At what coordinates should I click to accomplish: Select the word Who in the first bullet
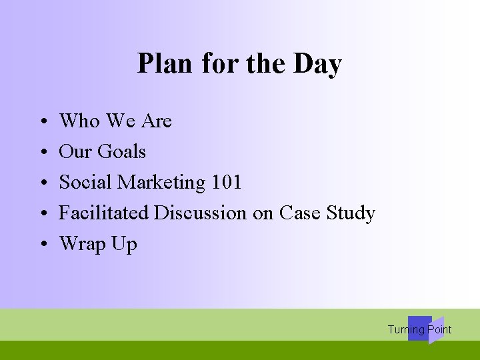79,121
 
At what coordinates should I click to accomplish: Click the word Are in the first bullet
157,121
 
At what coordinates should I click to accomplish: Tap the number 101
226,182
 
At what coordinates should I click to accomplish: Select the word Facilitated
104,213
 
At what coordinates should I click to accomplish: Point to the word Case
299,213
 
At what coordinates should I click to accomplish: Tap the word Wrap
83,244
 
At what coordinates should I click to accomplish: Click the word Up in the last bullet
125,244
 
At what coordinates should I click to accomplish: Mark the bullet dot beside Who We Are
42,122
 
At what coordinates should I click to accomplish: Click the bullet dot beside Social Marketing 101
42,183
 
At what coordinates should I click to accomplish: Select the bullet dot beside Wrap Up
42,245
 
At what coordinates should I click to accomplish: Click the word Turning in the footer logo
406,329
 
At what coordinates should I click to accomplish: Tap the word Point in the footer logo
439,329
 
